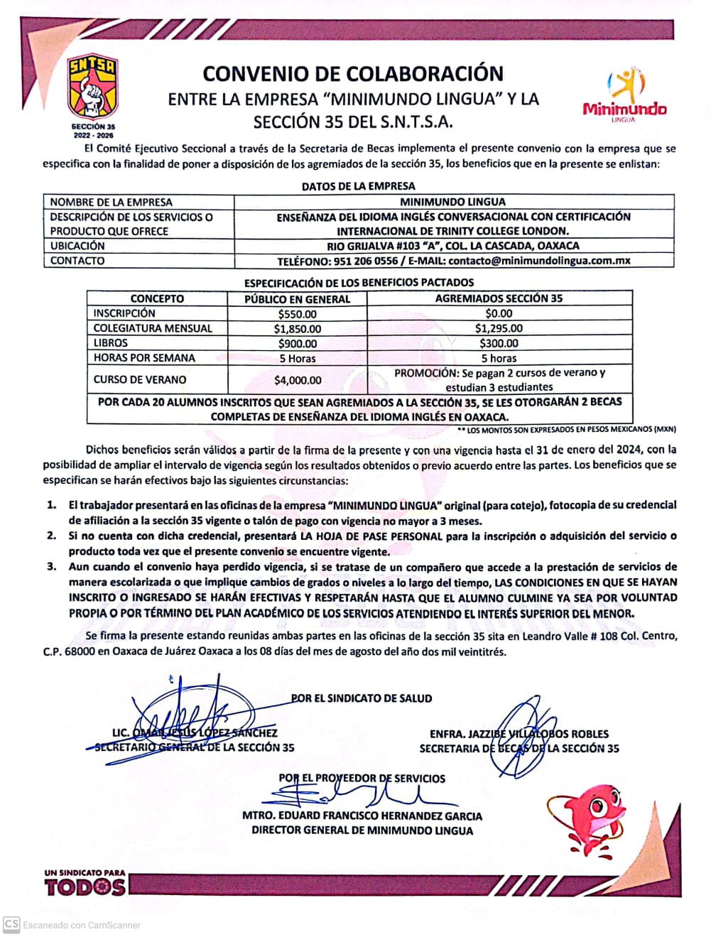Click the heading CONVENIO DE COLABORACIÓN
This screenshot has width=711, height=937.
coord(353,73)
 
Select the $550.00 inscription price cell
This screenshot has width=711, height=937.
coord(297,313)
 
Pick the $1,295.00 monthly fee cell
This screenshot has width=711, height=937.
coord(499,328)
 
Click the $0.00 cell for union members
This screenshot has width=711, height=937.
coord(499,313)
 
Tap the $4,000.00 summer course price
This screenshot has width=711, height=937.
coord(297,380)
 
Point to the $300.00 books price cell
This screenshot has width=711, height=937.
coord(499,343)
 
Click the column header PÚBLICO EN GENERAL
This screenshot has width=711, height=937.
coord(297,299)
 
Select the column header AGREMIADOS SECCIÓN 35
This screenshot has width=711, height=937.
coord(499,298)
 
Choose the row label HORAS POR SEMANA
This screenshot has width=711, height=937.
coord(144,358)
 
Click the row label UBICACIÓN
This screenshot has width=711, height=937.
coord(77,246)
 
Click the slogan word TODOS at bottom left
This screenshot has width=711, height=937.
coord(85,887)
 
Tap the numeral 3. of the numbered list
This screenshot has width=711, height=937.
coord(51,567)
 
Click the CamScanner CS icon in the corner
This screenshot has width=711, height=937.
coord(11,924)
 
